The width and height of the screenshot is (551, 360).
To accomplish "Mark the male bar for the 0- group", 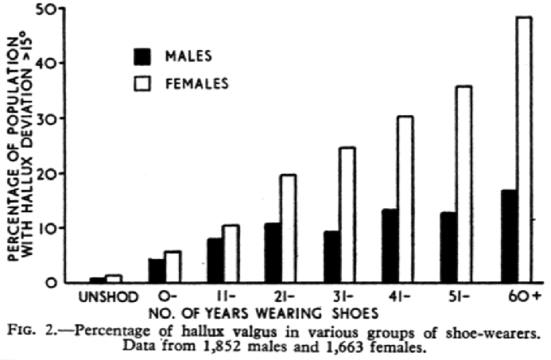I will [x=157, y=269].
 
